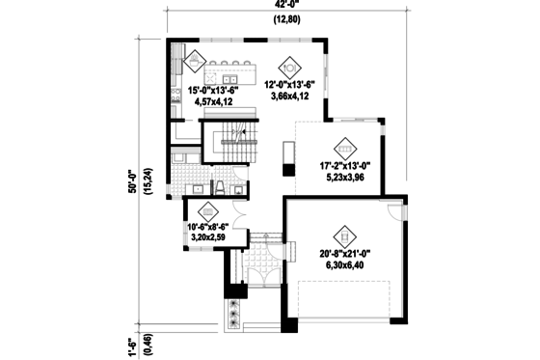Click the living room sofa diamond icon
[345, 149]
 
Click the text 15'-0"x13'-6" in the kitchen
[206, 89]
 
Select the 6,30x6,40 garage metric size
[342, 265]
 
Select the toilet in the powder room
[219, 186]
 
